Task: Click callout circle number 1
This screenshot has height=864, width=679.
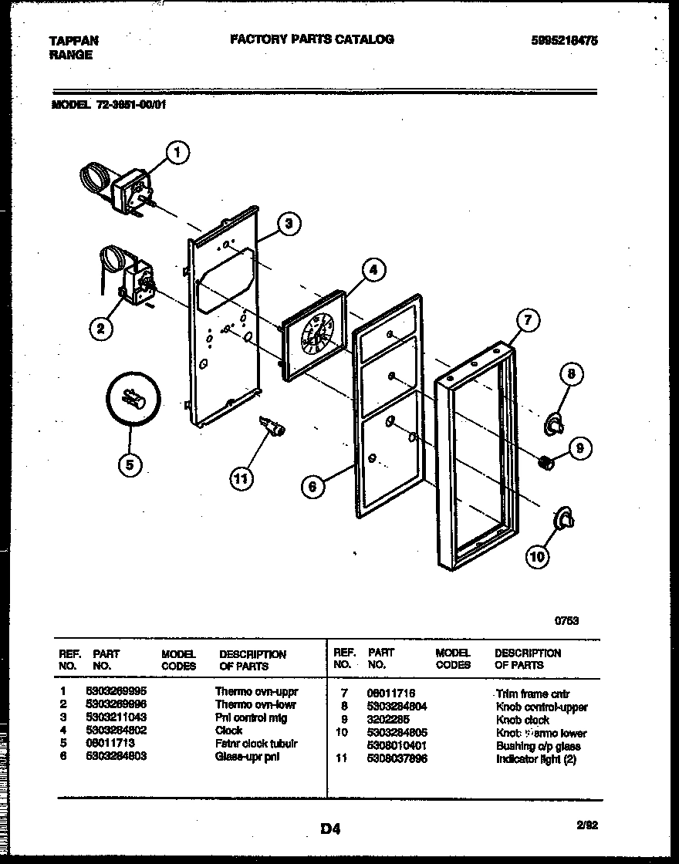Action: [177, 154]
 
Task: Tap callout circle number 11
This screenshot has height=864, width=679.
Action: [241, 478]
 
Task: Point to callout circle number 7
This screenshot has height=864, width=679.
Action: [527, 320]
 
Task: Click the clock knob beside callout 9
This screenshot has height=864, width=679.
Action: [546, 462]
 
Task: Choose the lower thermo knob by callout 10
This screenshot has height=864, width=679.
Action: [564, 521]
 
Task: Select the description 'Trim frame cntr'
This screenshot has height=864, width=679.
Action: [532, 694]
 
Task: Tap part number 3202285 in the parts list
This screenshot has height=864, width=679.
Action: [388, 720]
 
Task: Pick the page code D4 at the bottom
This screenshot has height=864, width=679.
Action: [330, 830]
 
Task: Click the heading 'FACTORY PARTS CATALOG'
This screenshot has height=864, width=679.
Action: [312, 39]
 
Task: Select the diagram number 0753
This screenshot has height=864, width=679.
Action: [567, 619]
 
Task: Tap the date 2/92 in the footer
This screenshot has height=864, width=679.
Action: [587, 825]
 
